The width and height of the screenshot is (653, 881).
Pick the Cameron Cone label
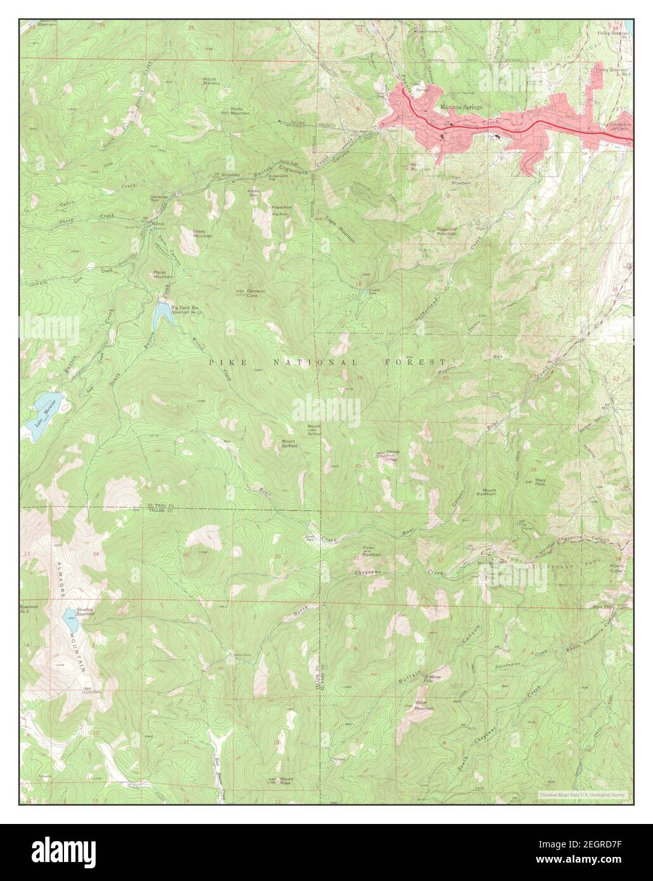coord(256,293)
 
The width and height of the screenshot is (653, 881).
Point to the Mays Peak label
coord(540,482)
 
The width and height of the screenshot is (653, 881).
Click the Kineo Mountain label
coord(371,552)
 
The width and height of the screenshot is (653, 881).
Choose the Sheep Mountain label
coord(202,234)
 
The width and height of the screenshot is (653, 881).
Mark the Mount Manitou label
coord(211,81)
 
